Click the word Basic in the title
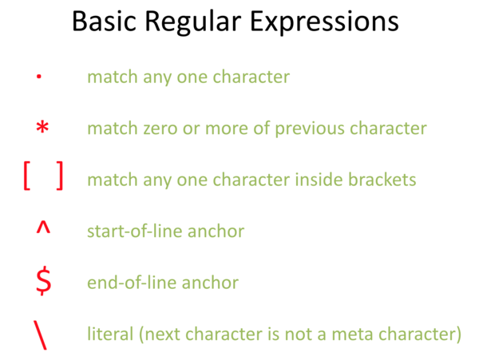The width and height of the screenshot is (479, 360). pos(104,22)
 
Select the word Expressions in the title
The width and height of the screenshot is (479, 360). pos(324,23)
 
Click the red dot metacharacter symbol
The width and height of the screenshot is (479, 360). pos(39,77)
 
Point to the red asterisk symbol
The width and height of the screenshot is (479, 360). pos(42,127)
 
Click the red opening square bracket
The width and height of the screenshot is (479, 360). pos(27,176)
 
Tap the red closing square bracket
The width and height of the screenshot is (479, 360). pos(60,176)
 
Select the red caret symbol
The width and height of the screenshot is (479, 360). pos(43,227)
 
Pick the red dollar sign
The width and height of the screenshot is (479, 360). pos(43,280)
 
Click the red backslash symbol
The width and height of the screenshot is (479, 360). pos(40,334)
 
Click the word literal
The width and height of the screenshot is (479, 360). pos(110,334)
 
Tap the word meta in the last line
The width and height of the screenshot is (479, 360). pos(352,334)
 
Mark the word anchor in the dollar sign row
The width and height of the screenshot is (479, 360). pos(210,282)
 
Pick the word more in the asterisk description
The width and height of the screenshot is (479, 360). pos(227,129)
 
